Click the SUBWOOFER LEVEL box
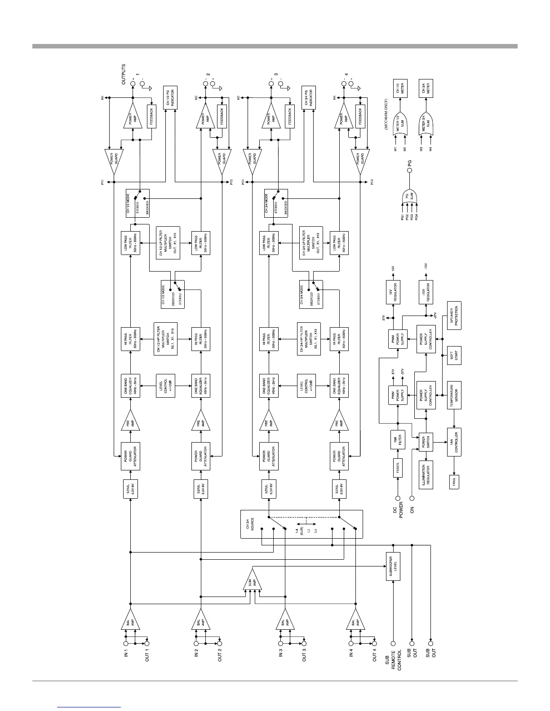(x=393, y=566)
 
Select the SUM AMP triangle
(x=252, y=583)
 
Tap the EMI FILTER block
(x=398, y=440)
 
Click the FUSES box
(x=398, y=468)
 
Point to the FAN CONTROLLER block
(x=454, y=442)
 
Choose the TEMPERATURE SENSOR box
(x=454, y=395)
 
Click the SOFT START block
(x=454, y=356)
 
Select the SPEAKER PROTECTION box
(x=454, y=316)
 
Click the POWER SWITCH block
(x=426, y=442)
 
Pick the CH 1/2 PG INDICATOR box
(x=169, y=98)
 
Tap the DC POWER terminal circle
(x=398, y=498)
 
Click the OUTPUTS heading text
(x=124, y=74)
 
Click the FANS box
(x=454, y=483)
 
